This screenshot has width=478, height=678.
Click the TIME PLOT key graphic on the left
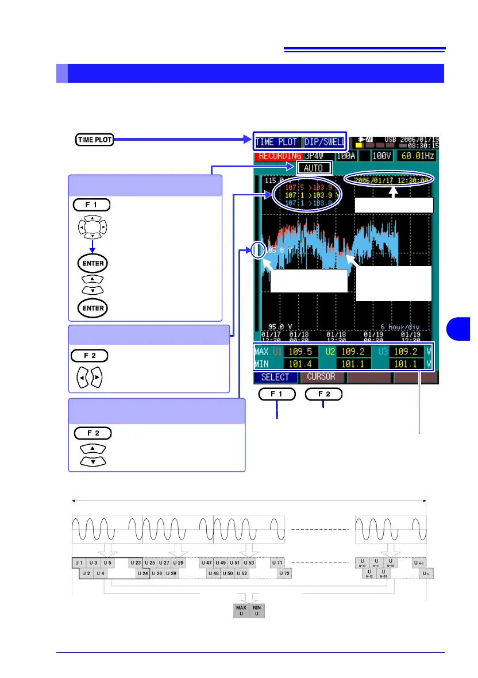pos(94,139)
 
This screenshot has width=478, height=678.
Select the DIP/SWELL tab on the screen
pos(325,142)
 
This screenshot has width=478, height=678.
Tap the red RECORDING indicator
pos(279,156)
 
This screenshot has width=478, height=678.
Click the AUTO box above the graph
pos(314,168)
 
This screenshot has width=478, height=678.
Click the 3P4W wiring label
pos(317,156)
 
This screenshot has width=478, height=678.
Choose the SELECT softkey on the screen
pos(275,377)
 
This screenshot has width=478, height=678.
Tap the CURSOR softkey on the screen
pos(321,377)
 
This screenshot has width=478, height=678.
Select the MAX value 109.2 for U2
pos(353,350)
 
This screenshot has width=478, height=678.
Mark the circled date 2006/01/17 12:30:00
pos(390,179)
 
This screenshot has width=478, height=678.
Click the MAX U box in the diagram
pos(241,610)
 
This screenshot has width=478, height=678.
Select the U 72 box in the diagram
pos(285,573)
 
